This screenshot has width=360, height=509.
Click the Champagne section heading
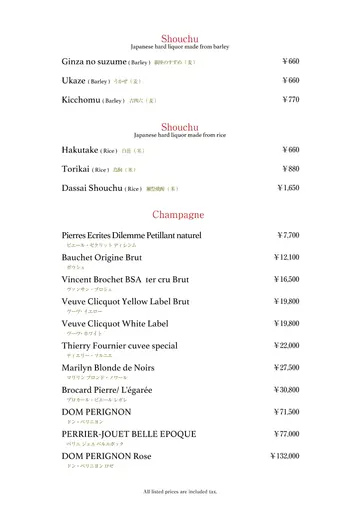click(x=179, y=214)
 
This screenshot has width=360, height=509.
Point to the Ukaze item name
click(x=74, y=80)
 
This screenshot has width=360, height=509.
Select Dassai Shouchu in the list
click(x=93, y=187)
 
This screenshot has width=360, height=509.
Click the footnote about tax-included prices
click(x=179, y=491)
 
